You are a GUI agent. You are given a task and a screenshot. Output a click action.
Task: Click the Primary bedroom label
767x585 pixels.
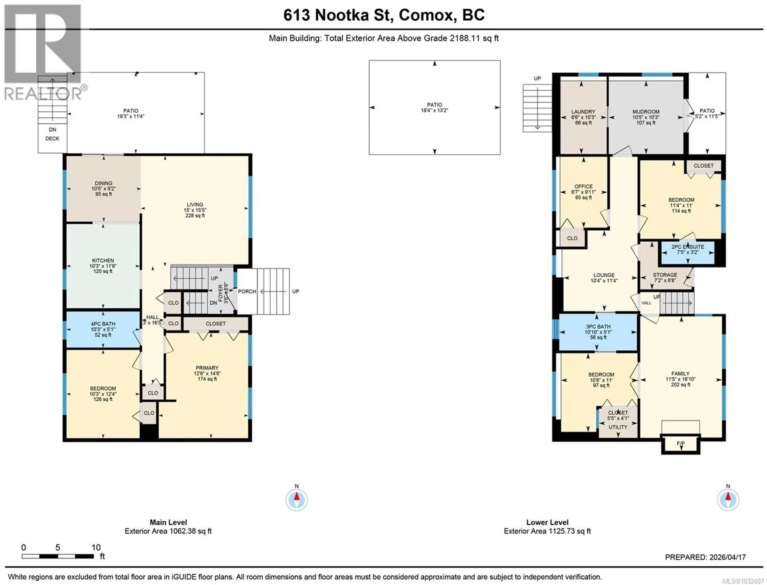tap(207, 368)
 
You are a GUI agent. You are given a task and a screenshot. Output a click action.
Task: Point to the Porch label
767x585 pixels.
tap(247, 292)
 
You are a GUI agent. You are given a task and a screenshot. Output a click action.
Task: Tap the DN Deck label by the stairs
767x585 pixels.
tap(52, 134)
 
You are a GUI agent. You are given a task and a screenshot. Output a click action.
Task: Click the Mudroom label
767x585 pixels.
tap(646, 112)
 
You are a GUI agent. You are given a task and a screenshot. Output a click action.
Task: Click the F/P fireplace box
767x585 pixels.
tap(680, 444)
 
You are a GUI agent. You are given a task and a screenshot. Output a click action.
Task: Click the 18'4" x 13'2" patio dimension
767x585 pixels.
tap(434, 110)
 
